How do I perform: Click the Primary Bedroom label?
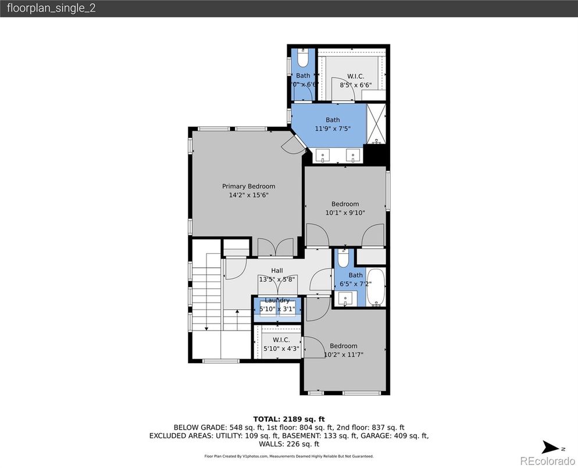pyautogui.click(x=248, y=186)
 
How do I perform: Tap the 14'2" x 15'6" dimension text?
pyautogui.click(x=248, y=196)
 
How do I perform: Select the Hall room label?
pyautogui.click(x=277, y=271)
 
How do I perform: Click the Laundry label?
pyautogui.click(x=277, y=300)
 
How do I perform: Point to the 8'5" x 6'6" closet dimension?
pyautogui.click(x=355, y=84)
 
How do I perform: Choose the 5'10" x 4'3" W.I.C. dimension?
pyautogui.click(x=281, y=349)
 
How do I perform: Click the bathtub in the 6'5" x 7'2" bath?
pyautogui.click(x=376, y=287)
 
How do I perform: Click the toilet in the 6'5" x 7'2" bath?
pyautogui.click(x=343, y=259)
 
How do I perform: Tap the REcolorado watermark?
pyautogui.click(x=545, y=461)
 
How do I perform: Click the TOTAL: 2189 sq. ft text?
pyautogui.click(x=288, y=419)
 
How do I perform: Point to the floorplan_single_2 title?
pyautogui.click(x=52, y=9)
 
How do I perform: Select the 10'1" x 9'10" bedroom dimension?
pyautogui.click(x=345, y=213)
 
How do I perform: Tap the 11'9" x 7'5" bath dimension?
pyautogui.click(x=333, y=129)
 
